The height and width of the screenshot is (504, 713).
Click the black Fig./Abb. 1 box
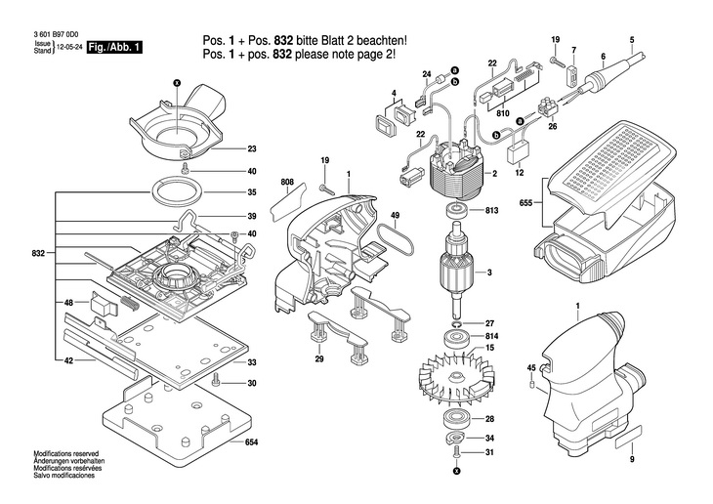coord(114,47)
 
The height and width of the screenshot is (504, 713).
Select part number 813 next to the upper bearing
coord(492,211)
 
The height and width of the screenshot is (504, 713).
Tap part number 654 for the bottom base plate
coord(251,441)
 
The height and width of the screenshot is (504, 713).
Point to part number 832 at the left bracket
coord(39,253)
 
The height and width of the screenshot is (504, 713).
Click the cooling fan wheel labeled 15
coord(456,378)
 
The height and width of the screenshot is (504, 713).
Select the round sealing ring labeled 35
coord(177,192)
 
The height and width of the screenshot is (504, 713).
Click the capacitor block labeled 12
coord(517,153)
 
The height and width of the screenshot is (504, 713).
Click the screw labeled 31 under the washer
coord(456,453)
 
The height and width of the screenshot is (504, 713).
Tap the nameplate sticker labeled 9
coord(629,438)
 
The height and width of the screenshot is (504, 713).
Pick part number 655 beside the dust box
coord(526,203)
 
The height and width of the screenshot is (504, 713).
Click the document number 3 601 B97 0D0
coord(56,34)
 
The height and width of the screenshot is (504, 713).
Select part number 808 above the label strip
coord(287,182)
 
